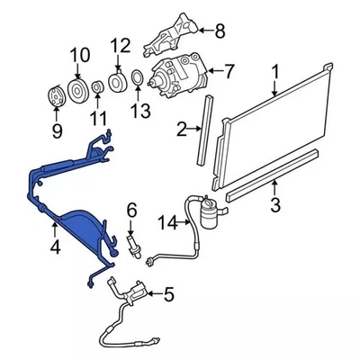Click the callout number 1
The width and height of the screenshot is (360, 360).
pyautogui.click(x=274, y=72)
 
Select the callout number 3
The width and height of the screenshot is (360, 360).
pyautogui.click(x=275, y=210)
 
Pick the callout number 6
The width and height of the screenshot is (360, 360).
pyautogui.click(x=131, y=211)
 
